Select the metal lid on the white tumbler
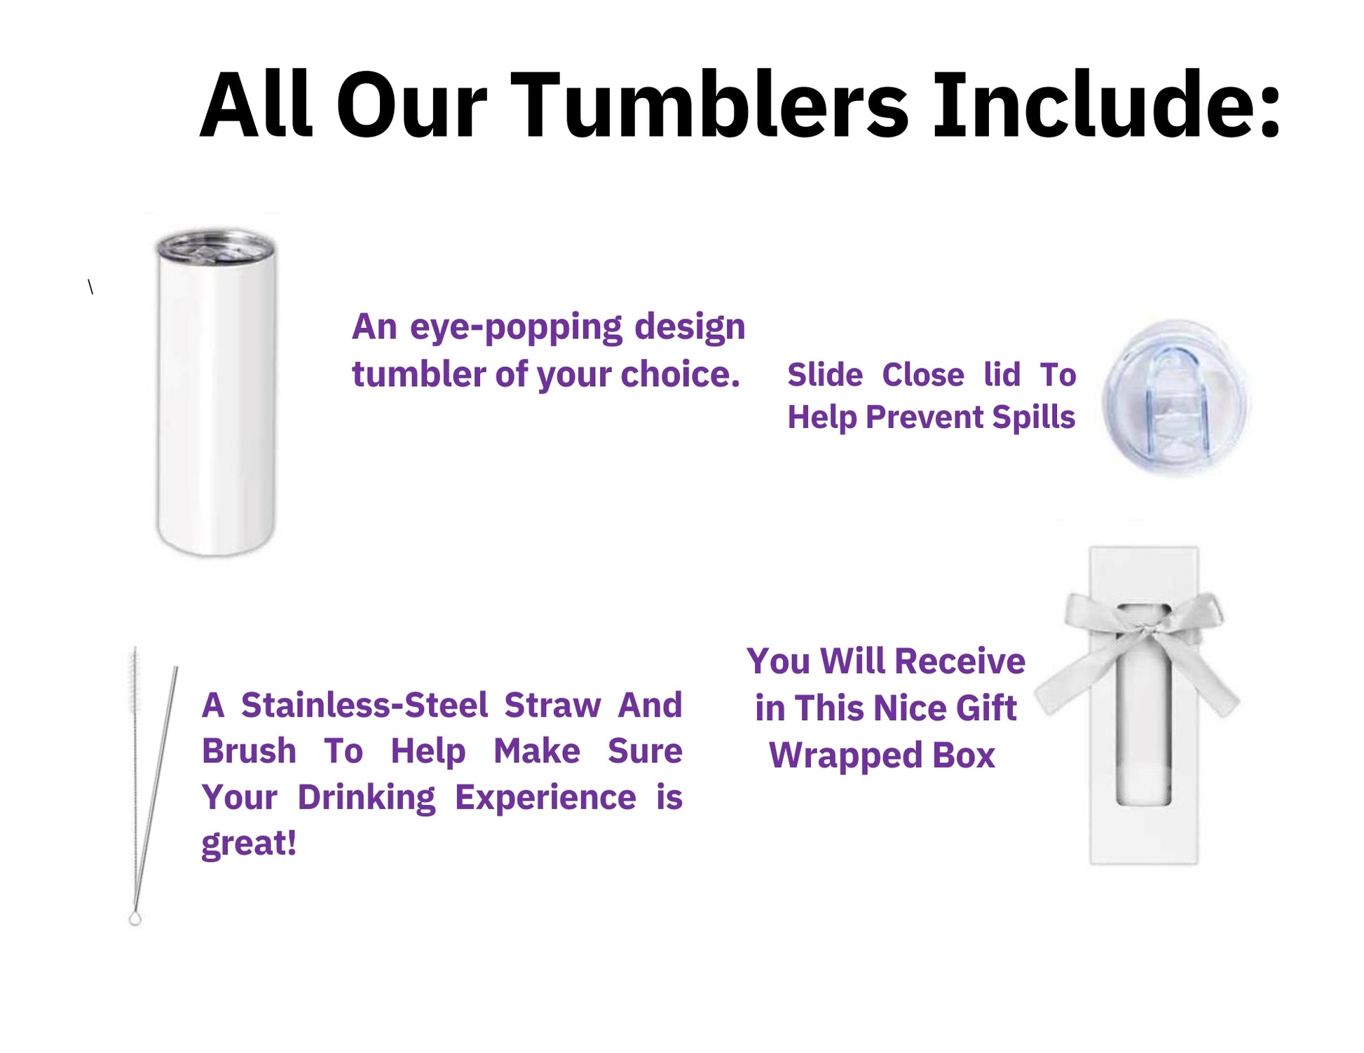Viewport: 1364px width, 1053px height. [214, 247]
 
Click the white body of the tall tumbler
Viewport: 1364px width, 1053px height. [216, 406]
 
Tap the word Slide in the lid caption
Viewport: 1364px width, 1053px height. [825, 375]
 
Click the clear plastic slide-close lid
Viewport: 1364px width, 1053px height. [1175, 399]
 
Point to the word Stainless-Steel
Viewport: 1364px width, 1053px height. [364, 705]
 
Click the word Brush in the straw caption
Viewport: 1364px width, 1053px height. [249, 751]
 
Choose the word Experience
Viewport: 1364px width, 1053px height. [545, 798]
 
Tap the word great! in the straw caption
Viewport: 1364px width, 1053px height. [249, 844]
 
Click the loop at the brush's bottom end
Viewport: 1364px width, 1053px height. [135, 918]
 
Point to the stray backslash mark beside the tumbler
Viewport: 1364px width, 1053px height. [90, 287]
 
